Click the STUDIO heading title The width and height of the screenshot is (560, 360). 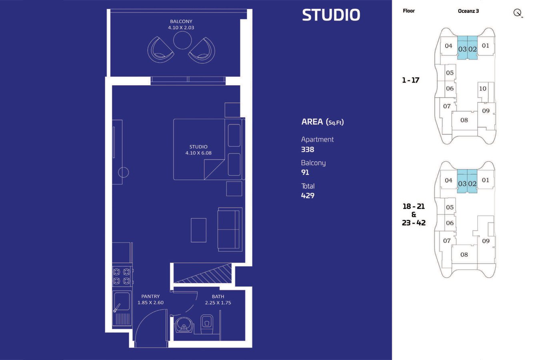click(x=331, y=15)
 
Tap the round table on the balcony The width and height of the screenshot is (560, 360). click(x=182, y=40)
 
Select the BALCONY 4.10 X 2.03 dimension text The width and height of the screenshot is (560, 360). click(x=181, y=24)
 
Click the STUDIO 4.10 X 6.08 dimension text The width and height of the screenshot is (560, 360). click(x=198, y=150)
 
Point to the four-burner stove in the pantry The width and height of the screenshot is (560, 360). click(x=122, y=276)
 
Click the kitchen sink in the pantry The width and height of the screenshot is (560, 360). click(x=122, y=301)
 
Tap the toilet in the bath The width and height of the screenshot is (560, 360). click(x=207, y=324)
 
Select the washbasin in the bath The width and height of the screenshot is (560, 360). click(x=184, y=325)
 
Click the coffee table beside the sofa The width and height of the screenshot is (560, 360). click(x=198, y=230)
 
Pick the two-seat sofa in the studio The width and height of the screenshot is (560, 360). click(x=230, y=230)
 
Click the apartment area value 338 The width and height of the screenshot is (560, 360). click(x=308, y=150)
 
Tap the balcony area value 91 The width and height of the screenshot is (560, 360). click(x=305, y=172)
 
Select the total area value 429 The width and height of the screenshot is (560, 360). click(x=308, y=196)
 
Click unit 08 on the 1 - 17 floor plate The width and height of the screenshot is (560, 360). click(x=464, y=120)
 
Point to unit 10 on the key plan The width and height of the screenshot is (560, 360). click(x=483, y=88)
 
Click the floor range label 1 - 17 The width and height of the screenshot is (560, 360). click(x=410, y=80)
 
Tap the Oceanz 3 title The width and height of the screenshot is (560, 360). click(x=468, y=11)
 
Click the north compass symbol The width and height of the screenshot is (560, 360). click(x=518, y=13)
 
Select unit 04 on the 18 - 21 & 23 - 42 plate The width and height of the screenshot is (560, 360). click(x=448, y=180)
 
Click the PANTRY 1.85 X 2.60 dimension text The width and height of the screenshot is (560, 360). click(x=150, y=299)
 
